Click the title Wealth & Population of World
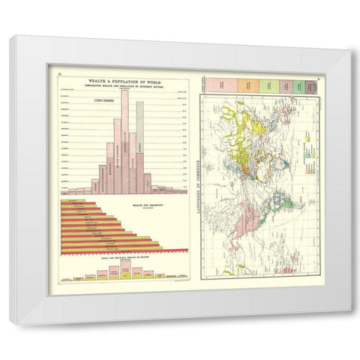pos(121,80)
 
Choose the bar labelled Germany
pos(109,169)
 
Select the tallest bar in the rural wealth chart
pos(114,271)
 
